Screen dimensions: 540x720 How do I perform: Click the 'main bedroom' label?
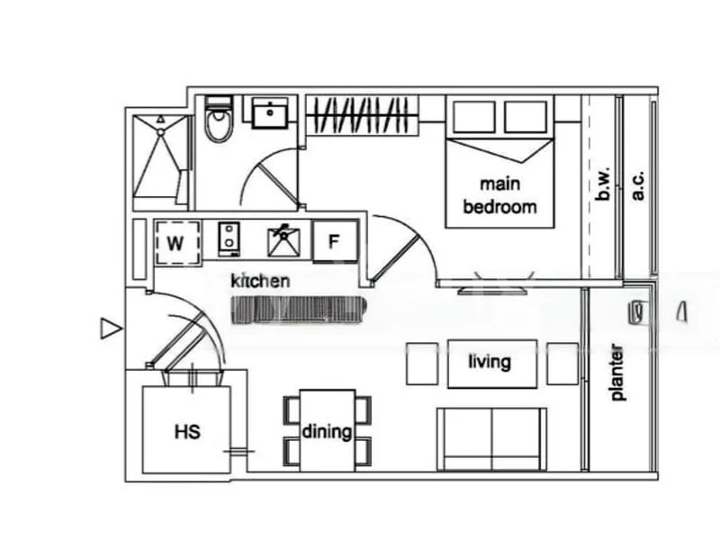(x=499, y=195)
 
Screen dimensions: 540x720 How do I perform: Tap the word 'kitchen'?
(x=261, y=281)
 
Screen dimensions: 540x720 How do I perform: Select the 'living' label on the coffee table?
(x=490, y=363)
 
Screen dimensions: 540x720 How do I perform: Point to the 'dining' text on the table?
(x=327, y=431)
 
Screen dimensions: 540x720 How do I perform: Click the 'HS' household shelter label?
(x=186, y=431)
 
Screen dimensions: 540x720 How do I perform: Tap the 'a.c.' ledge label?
(x=639, y=186)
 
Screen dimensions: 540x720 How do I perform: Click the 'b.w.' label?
(x=605, y=186)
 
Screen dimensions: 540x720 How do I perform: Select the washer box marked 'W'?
(x=176, y=242)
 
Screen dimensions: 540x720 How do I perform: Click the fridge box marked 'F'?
(x=334, y=241)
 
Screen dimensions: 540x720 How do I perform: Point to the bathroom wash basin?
(x=269, y=114)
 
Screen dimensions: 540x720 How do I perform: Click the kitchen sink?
(x=284, y=241)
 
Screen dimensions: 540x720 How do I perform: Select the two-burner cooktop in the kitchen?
(x=230, y=240)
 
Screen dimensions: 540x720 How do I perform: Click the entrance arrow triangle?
(x=110, y=329)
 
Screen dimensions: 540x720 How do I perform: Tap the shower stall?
(x=161, y=157)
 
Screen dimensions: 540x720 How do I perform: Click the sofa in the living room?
(x=491, y=438)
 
